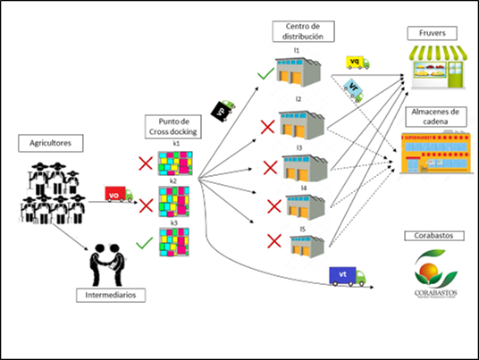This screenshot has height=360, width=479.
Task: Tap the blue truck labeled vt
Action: pyautogui.click(x=348, y=277)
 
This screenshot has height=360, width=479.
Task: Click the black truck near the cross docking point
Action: pyautogui.click(x=221, y=109)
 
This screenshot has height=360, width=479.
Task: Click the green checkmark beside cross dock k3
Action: pyautogui.click(x=141, y=242)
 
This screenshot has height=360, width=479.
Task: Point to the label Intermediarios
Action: pyautogui.click(x=109, y=292)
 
